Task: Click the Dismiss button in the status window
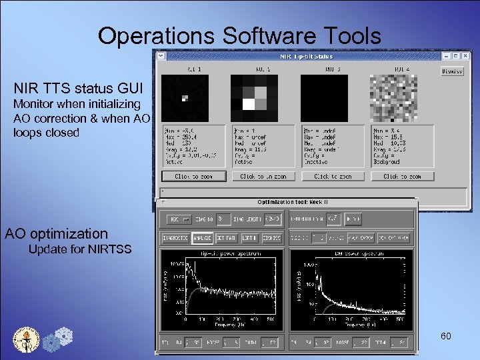coord(452,71)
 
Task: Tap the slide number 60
coord(446,336)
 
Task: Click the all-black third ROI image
coord(324,97)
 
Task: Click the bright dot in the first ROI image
coord(185,98)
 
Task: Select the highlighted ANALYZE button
coord(201,238)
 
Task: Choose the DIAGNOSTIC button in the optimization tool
coord(175,238)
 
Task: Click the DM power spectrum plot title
coord(349,253)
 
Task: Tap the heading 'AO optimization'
coord(56,233)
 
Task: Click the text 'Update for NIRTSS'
coord(80,250)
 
